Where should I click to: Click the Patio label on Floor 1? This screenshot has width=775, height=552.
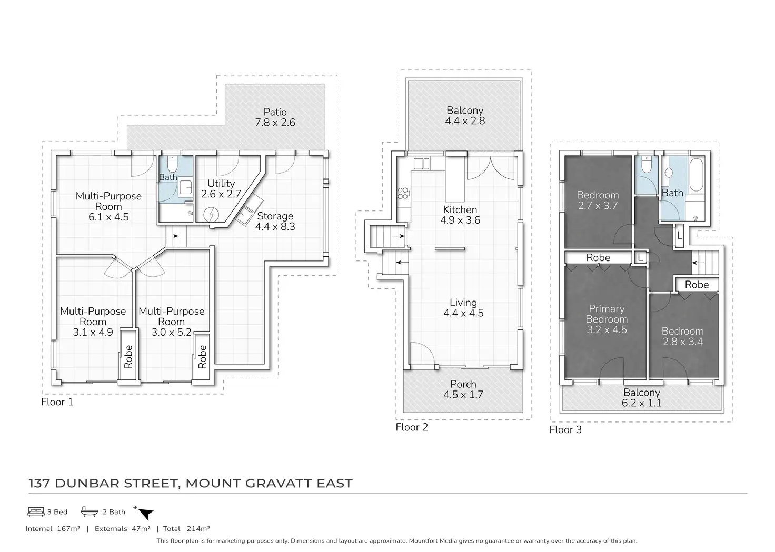pos(275,117)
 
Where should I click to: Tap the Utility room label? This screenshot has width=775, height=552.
pos(221,188)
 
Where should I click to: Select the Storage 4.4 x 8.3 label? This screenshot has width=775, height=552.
pos(275,221)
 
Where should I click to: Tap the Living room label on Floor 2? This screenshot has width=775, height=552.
pos(463,308)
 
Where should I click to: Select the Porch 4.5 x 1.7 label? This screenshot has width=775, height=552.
pos(463,389)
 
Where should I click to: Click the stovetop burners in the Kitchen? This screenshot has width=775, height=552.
pos(404,194)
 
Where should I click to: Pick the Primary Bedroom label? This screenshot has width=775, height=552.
pos(607,319)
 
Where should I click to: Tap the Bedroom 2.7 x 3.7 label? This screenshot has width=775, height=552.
pos(598,200)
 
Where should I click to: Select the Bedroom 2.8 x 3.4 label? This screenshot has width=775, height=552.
pos(682,336)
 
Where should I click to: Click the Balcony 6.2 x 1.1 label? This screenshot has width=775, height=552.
pos(641,398)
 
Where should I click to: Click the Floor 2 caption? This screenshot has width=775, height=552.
pos(412,427)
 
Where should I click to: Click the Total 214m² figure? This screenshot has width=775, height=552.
pos(187,529)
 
